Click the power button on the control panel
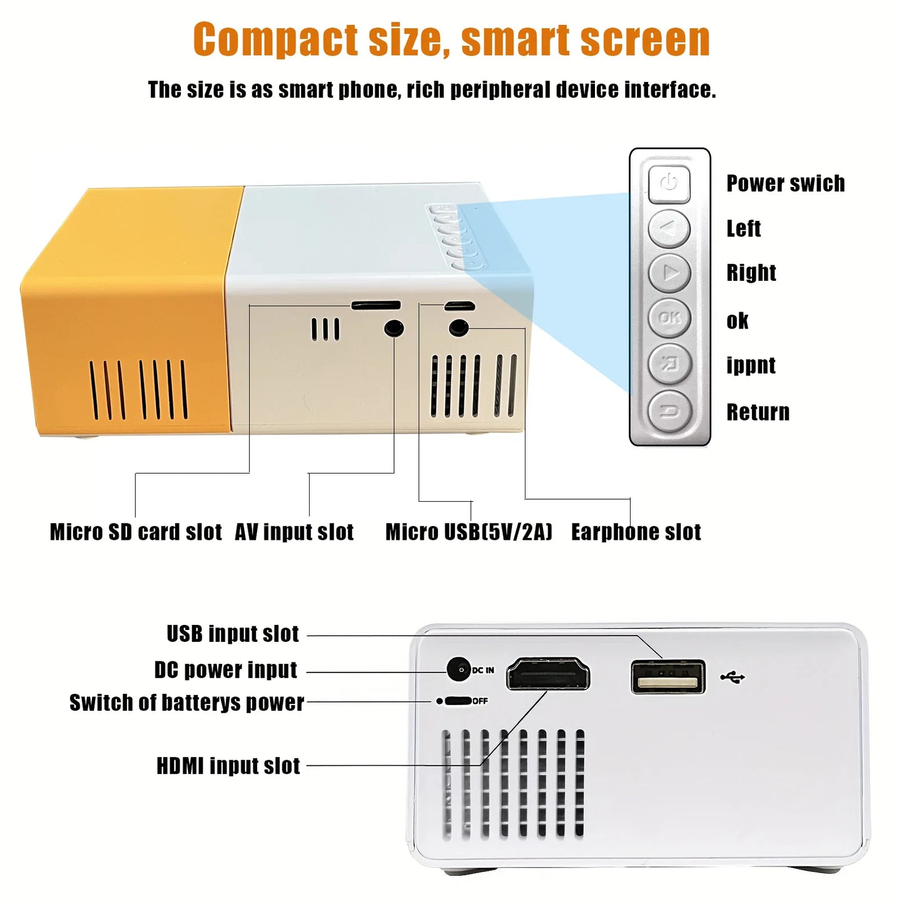click(669, 184)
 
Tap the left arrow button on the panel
click(669, 229)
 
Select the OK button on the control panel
click(670, 318)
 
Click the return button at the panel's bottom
click(670, 411)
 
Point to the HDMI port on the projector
click(548, 674)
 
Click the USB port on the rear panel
click(668, 677)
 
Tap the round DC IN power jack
click(459, 669)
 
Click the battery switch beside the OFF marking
click(458, 701)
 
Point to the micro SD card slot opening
click(376, 305)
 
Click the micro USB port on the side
click(459, 307)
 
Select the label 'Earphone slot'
click(636, 532)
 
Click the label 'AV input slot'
click(294, 532)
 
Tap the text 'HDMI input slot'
click(228, 766)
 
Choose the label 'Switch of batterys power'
click(186, 703)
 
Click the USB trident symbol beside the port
click(733, 677)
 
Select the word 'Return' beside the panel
click(758, 412)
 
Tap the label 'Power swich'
click(786, 183)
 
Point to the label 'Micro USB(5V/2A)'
click(469, 532)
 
